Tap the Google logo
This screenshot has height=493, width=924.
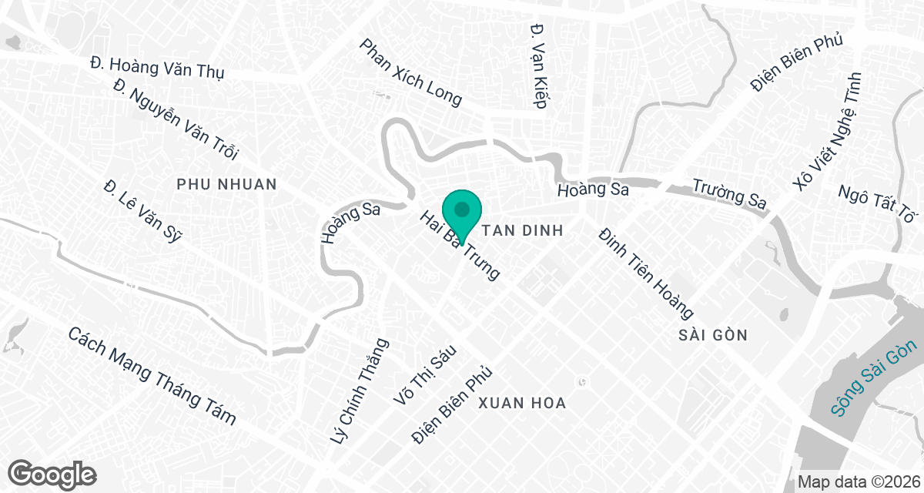coord(52,473)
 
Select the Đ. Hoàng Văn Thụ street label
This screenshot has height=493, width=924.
coord(156,66)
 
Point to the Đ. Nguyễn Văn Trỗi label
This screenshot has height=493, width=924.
coord(176,120)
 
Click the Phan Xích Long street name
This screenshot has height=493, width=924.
coord(410,72)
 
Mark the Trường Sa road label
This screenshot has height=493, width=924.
coord(728,193)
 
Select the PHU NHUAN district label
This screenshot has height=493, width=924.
coord(226,185)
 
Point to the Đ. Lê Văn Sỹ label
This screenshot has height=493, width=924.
coord(142,211)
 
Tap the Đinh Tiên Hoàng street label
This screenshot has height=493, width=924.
coord(647,273)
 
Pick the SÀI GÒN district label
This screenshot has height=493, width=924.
coord(714,335)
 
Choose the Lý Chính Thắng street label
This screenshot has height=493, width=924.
coord(359,391)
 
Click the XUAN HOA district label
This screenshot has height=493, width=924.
coord(522,403)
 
